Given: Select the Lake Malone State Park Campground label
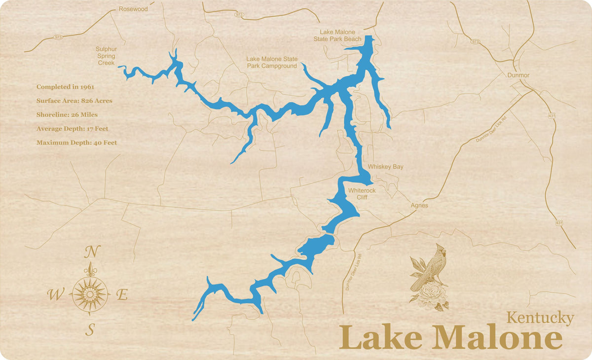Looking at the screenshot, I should point(272,62).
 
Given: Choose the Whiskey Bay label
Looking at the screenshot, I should point(385,167).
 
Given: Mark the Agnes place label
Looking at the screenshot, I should point(419,205).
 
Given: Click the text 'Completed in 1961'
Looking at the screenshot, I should point(65,87).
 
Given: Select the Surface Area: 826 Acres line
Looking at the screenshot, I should point(74,101).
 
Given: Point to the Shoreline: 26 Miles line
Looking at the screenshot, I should point(67,114).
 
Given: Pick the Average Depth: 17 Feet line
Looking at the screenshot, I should point(72,129).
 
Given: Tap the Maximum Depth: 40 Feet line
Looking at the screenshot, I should point(76,143).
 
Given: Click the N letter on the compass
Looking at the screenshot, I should point(90,252).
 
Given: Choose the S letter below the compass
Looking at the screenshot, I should point(90,330).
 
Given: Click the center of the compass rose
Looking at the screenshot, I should point(90,294).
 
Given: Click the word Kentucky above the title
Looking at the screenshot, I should point(540,319).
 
